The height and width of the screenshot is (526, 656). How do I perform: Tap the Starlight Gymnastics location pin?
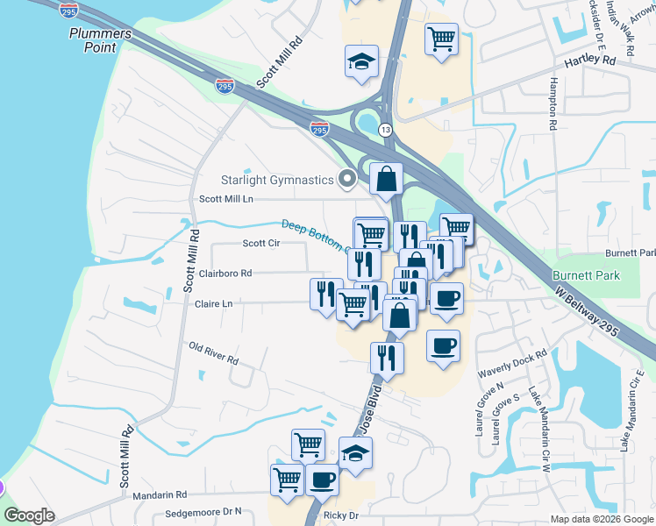tap(347, 181)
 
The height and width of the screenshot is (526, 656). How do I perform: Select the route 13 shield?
tap(385, 129)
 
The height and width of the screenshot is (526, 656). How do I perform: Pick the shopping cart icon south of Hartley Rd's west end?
tap(441, 39)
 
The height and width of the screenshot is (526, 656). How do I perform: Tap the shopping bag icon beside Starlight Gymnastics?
tap(385, 179)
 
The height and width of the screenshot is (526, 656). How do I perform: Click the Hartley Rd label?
tap(590, 60)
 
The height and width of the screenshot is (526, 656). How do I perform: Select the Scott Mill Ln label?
tap(226, 199)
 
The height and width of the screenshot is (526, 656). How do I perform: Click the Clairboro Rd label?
tap(225, 273)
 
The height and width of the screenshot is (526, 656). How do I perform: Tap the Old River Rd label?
tap(214, 353)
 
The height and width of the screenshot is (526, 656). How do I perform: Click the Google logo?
tap(29, 515)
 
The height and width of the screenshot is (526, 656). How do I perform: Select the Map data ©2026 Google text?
tap(601, 519)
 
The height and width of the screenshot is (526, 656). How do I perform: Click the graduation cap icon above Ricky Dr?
tap(355, 453)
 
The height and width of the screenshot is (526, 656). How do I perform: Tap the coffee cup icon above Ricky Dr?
tap(322, 480)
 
